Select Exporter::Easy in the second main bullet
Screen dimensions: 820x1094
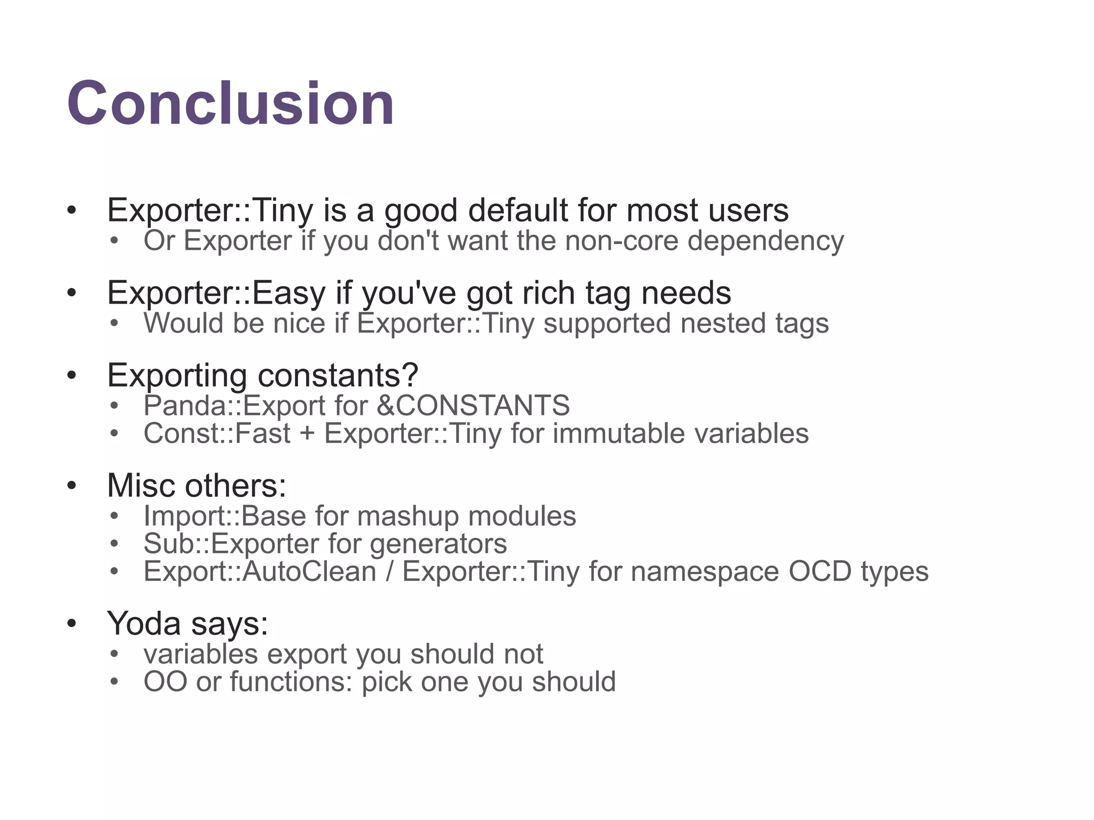[x=216, y=293]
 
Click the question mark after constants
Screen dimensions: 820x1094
[x=410, y=375]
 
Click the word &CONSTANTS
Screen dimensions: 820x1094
[x=473, y=406]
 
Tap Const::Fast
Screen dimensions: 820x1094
[x=216, y=433]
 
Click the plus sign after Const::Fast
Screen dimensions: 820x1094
[x=307, y=433]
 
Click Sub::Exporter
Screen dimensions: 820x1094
[x=231, y=544]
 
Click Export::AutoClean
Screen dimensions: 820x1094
[x=260, y=572]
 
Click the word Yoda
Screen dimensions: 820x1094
[x=143, y=624]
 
